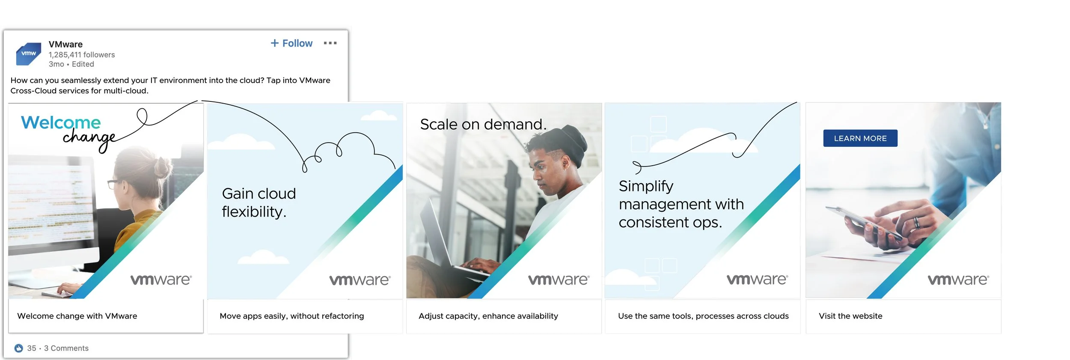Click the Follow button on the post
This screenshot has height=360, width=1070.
click(291, 43)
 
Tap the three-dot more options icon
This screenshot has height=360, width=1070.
click(330, 43)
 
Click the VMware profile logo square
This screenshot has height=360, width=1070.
click(29, 54)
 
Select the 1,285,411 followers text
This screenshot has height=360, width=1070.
click(81, 55)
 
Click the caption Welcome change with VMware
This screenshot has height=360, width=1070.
click(77, 316)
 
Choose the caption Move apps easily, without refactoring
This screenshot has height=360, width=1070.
click(291, 316)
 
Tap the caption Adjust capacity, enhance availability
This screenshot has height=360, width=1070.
click(488, 316)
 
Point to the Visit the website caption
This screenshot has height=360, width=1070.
click(850, 316)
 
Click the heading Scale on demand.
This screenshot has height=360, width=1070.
click(483, 124)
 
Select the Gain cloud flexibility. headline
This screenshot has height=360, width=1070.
click(259, 202)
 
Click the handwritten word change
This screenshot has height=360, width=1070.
click(89, 138)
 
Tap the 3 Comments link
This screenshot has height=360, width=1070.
click(66, 348)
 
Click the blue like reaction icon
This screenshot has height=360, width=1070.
click(18, 348)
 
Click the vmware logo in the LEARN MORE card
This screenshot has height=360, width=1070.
click(958, 280)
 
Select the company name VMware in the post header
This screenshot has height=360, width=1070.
click(65, 45)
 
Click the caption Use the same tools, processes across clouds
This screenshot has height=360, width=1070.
click(703, 316)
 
